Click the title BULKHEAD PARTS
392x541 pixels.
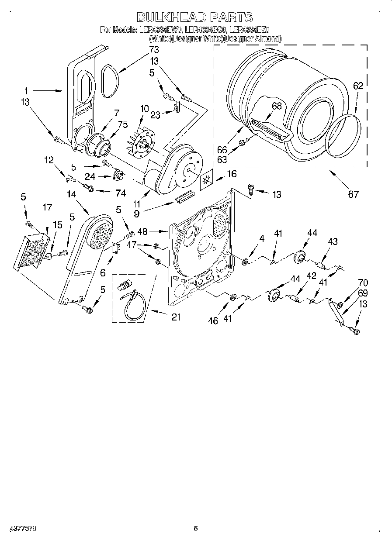(x=195, y=17)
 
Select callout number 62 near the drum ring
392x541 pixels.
(x=358, y=86)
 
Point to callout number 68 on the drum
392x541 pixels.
(x=277, y=106)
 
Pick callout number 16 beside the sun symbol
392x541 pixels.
(x=232, y=174)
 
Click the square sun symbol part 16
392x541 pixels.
(x=207, y=181)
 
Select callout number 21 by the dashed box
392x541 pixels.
(x=176, y=317)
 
